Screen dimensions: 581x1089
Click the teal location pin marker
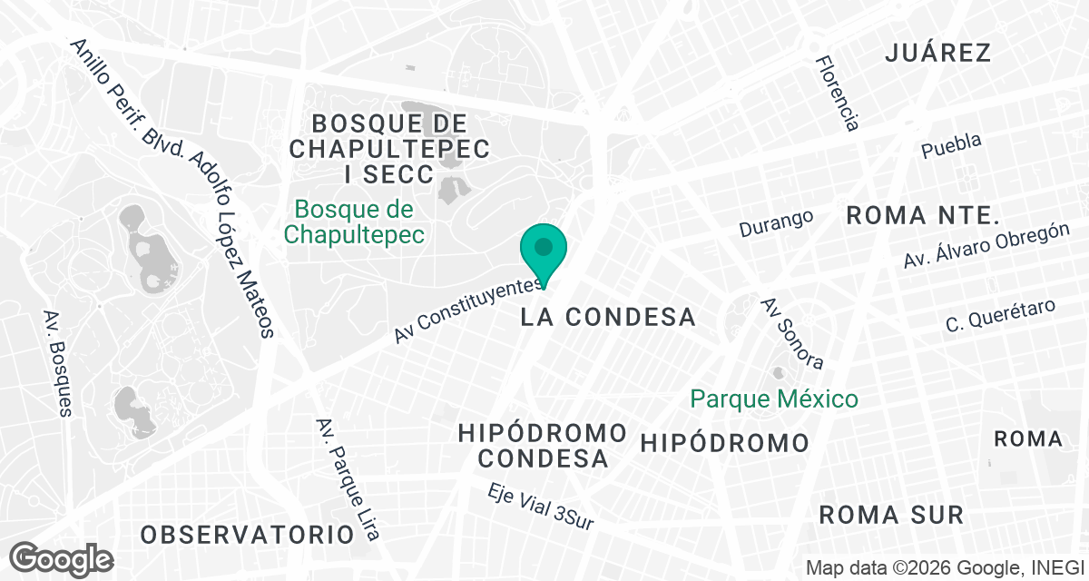tap(544, 251)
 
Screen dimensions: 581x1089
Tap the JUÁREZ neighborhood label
tap(937, 53)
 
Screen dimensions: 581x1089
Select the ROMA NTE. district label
tap(922, 215)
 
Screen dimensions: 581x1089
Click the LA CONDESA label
tap(609, 317)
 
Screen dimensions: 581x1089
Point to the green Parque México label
tap(773, 399)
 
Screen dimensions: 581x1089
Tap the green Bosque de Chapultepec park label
tap(354, 222)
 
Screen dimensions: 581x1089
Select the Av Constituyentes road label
tap(469, 310)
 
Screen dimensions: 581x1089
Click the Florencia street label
tap(836, 93)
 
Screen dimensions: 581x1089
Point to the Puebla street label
tap(951, 145)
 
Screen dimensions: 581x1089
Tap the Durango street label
tap(775, 222)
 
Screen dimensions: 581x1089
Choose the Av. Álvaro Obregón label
tap(986, 245)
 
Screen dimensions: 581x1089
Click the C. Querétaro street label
tap(1000, 314)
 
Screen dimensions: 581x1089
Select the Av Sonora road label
tap(792, 334)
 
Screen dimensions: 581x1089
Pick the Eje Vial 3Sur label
tap(540, 507)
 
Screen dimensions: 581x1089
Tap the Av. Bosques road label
tap(56, 363)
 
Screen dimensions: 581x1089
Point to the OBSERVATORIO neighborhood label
tap(247, 534)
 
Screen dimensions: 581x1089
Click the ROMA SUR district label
tap(890, 515)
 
